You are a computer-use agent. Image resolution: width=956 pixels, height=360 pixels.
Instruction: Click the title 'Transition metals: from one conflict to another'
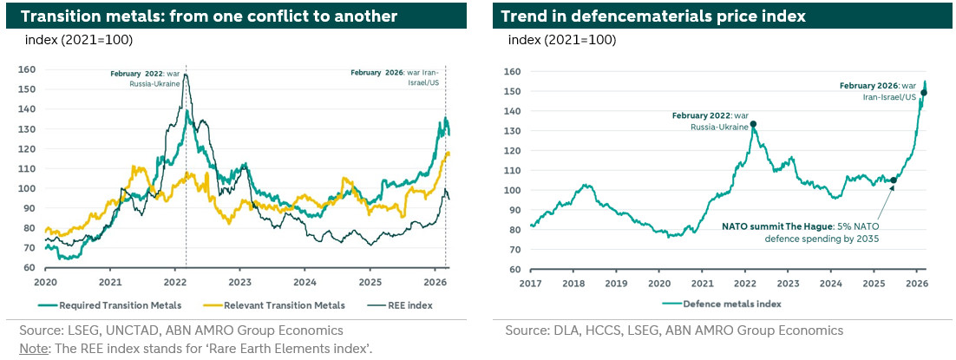(209, 16)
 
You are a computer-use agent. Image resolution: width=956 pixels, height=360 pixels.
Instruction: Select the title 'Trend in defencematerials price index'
(653, 16)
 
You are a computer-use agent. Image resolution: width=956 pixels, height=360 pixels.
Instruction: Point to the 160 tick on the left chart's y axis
(30, 69)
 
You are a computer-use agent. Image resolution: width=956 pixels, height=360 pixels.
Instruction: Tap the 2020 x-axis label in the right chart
(658, 283)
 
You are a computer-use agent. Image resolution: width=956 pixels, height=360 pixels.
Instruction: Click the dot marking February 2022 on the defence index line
(753, 124)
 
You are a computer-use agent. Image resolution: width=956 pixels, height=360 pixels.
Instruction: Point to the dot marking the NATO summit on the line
(894, 180)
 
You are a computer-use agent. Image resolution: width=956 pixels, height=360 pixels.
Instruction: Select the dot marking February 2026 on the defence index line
(924, 93)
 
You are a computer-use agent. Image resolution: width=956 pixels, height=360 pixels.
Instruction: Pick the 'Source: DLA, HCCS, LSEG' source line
(674, 331)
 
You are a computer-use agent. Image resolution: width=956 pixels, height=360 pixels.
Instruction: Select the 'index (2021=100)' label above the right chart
(561, 40)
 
